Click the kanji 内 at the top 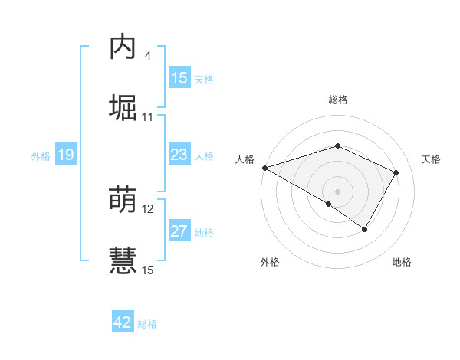tap(123, 47)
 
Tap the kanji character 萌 tap(123, 200)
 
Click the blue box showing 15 tap(179, 78)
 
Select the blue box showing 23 tap(179, 155)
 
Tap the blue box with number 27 tap(179, 231)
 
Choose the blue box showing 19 tap(65, 155)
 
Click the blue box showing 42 tap(123, 322)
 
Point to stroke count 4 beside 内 tap(147, 56)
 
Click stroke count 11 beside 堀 tap(148, 117)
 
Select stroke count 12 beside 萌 tap(148, 209)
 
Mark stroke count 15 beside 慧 tap(148, 270)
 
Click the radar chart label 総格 tap(338, 100)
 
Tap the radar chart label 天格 tap(432, 159)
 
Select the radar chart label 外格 tap(270, 262)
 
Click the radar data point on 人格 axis tap(264, 168)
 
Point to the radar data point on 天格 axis tap(396, 173)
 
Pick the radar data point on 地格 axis tap(365, 229)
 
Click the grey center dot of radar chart tap(338, 191)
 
